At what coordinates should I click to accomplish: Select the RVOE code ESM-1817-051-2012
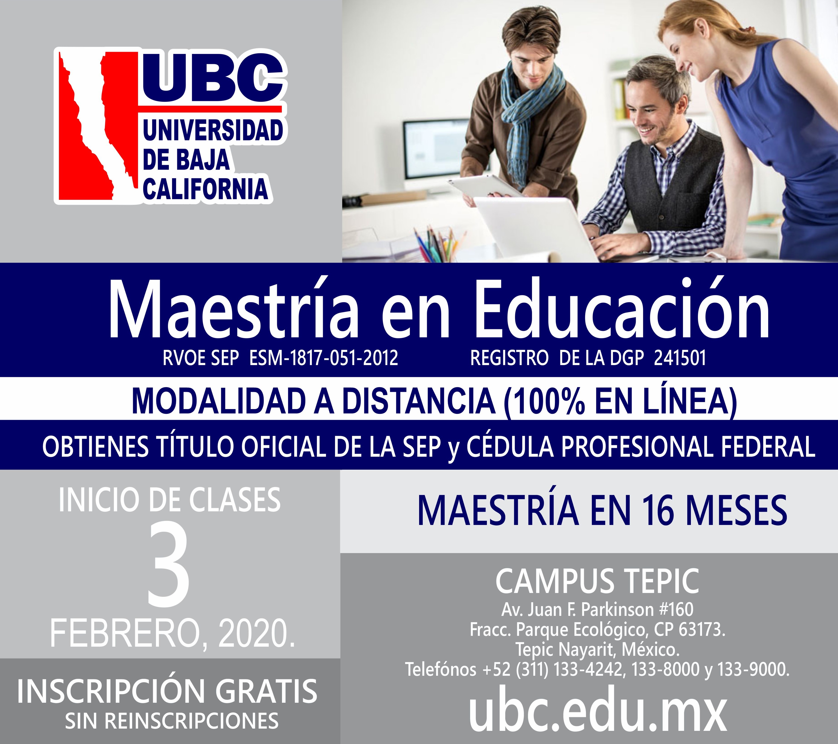(x=324, y=358)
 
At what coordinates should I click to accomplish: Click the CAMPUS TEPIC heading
(x=597, y=582)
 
